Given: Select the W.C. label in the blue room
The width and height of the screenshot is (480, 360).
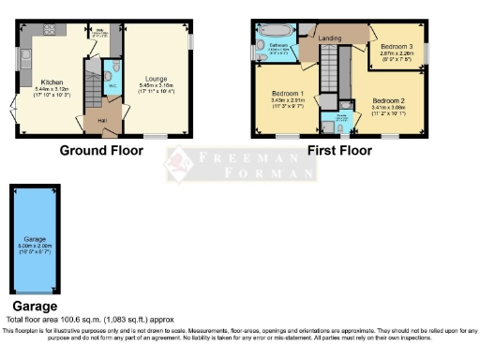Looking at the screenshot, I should point(112,86).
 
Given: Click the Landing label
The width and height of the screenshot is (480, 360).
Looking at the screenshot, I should point(330,37).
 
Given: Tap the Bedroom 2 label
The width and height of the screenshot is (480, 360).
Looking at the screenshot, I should point(387,100).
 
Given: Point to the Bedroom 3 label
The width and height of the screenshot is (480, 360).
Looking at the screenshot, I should point(398,47).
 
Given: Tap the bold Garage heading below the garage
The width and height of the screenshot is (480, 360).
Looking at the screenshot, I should point(34,306).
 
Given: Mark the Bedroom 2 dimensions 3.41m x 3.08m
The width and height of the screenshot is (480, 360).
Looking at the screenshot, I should point(387,108).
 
